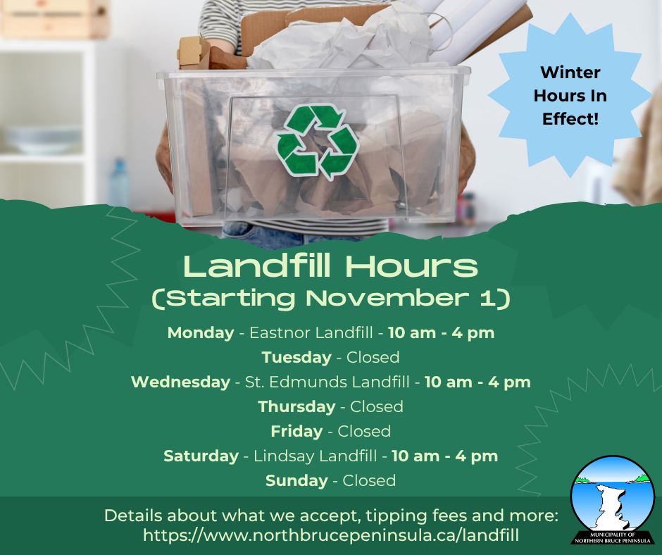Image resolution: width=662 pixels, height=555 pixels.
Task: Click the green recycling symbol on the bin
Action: [317, 142]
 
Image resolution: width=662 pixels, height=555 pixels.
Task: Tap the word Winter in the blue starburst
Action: [570, 72]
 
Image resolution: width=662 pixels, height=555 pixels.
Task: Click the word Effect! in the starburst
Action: [570, 119]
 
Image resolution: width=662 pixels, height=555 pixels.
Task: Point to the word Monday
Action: [200, 332]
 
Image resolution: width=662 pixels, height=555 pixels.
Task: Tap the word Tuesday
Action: [296, 357]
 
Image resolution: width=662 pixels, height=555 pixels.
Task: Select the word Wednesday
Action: [180, 382]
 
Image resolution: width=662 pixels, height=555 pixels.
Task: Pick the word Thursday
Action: [296, 406]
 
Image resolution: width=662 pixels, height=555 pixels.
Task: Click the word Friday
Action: [296, 431]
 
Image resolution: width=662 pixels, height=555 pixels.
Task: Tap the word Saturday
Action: [201, 456]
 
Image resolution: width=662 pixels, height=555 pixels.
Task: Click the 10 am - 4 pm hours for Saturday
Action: [444, 456]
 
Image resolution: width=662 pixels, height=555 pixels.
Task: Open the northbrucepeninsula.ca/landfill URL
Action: [331, 535]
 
